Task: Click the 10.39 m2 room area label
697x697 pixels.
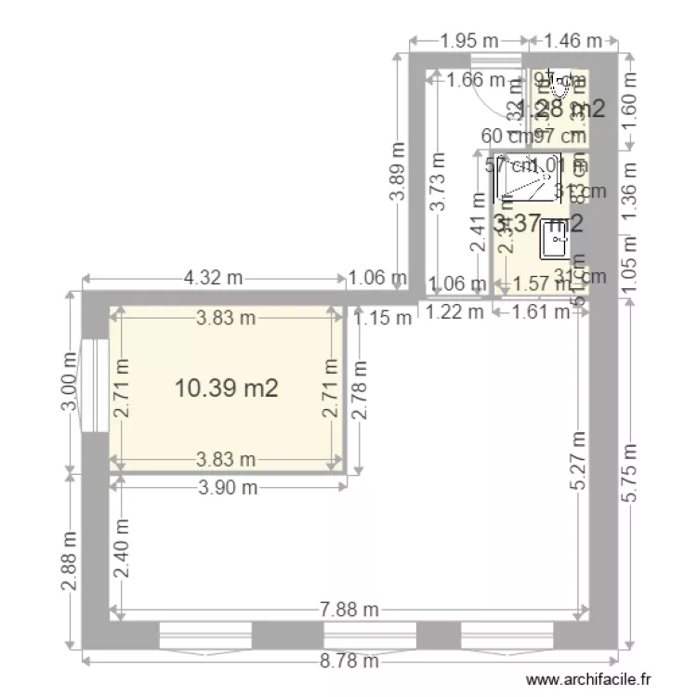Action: point(227,388)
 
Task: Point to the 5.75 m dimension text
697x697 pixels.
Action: point(630,473)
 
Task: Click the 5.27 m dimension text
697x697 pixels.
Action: point(579,460)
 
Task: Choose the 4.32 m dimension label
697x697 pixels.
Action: point(214,277)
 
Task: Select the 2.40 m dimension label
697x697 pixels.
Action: point(122,549)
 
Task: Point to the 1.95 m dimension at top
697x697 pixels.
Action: point(469,40)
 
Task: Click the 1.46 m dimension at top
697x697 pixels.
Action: point(572,40)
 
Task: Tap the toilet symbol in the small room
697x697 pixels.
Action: point(559,87)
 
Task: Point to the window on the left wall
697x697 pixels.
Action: point(94,385)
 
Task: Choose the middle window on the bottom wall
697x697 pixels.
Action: point(370,637)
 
